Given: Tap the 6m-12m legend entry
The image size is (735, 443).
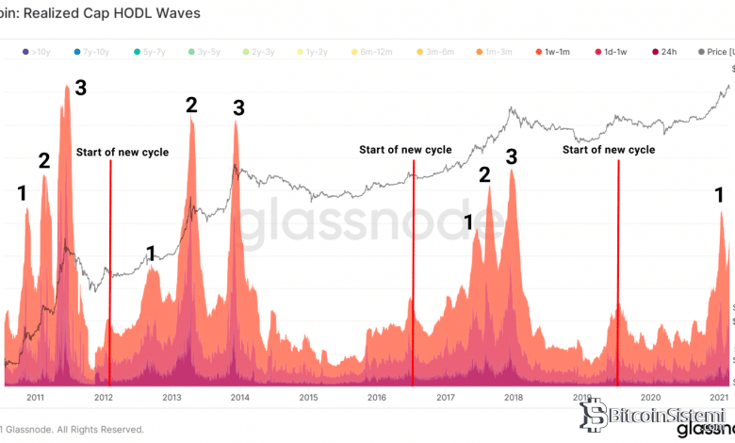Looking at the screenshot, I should tap(373, 51).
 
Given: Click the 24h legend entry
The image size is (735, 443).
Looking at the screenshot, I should tap(665, 51).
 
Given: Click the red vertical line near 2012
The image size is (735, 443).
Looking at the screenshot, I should tap(110, 273).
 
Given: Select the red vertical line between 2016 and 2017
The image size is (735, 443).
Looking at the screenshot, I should tap(413, 273).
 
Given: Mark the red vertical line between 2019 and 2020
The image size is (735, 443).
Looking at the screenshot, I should tap(618, 273).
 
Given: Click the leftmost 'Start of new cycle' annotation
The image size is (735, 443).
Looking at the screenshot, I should tap(122, 152).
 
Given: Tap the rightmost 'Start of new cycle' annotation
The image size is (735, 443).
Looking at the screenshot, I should tap(609, 149).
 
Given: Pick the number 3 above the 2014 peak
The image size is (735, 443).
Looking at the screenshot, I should tap(238, 107).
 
